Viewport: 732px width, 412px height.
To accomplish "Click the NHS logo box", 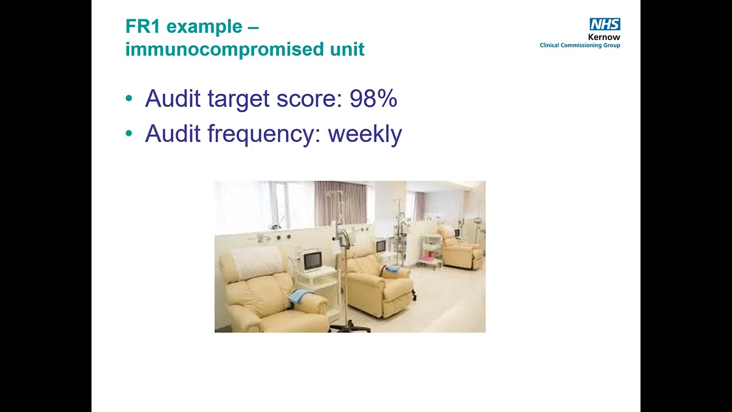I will [x=604, y=24].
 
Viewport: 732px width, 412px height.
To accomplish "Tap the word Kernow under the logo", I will [x=604, y=37].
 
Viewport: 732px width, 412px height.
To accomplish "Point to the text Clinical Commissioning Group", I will [x=580, y=45].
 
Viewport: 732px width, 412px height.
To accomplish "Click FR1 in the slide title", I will [x=144, y=26].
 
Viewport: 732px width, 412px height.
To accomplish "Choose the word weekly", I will [x=365, y=134].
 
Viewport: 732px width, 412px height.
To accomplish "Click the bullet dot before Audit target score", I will [x=129, y=99].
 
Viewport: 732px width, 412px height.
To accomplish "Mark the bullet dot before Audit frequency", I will [x=129, y=134].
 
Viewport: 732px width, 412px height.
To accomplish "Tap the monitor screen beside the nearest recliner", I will [x=312, y=260].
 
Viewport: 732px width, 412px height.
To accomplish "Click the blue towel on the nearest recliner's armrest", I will [x=300, y=296].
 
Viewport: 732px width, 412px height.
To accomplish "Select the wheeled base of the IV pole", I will [x=350, y=327].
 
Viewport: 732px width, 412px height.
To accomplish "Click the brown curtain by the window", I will [x=340, y=203].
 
